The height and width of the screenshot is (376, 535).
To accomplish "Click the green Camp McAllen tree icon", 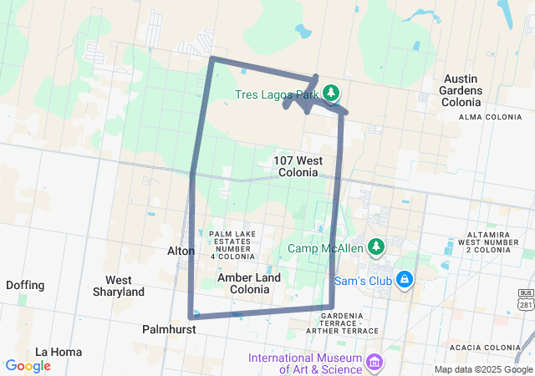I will (377, 246).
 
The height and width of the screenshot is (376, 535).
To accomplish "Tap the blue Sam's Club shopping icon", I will (404, 279).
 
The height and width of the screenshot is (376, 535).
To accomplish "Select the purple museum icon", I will (374, 363).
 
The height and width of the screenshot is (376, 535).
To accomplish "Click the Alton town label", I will (181, 251).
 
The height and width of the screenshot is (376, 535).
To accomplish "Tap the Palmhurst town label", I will (169, 330).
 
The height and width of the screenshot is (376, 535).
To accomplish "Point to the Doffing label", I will (25, 285).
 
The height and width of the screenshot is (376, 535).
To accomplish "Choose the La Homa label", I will (59, 352).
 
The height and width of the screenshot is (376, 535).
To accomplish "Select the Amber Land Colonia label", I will (243, 283).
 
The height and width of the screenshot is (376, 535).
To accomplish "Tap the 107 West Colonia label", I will (297, 165).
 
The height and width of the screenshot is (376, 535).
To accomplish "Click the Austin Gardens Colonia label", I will (462, 89).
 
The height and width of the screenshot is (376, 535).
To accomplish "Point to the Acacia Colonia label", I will (484, 348).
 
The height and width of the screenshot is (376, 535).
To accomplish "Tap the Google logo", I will (28, 366).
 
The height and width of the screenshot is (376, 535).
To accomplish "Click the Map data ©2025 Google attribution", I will (483, 369).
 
